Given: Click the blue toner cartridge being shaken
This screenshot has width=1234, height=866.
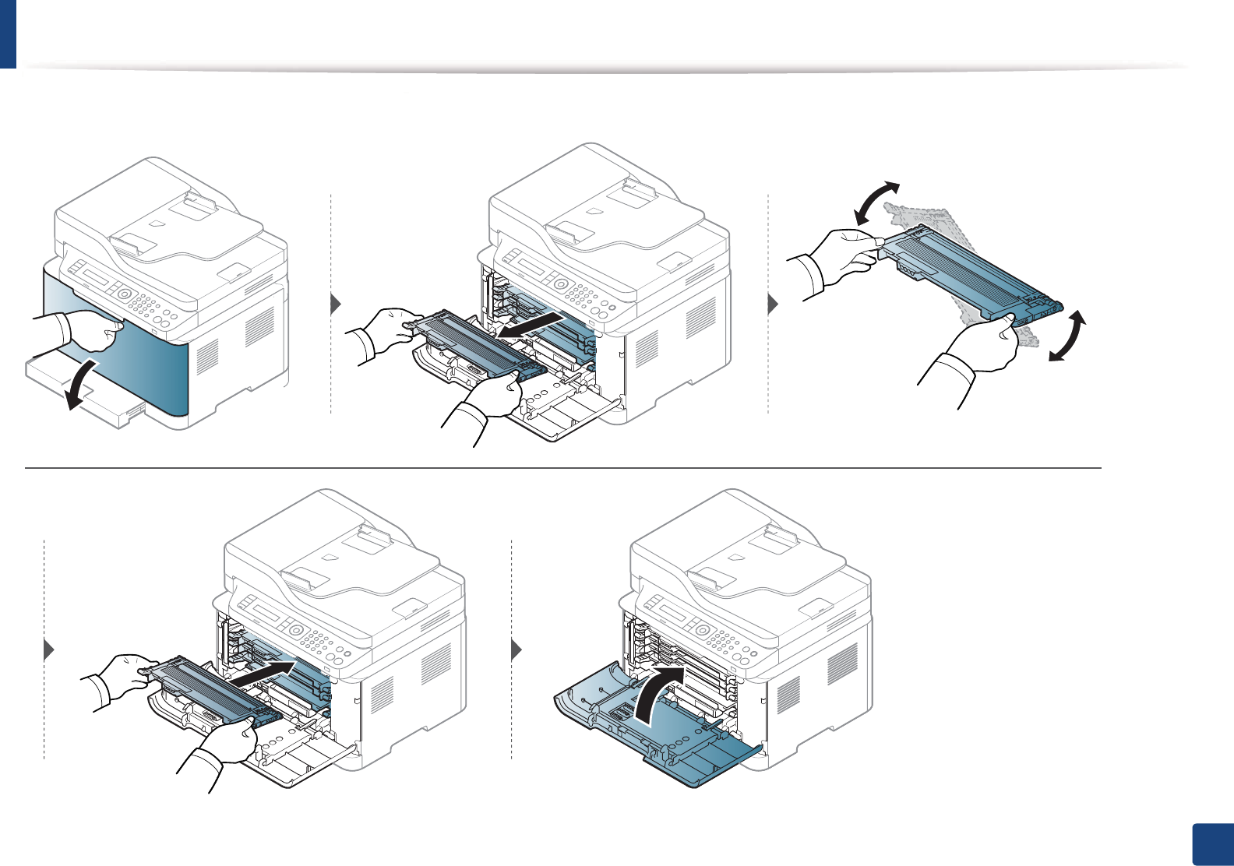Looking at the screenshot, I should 966,273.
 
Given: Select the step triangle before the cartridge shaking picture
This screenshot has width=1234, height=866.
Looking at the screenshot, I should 774,304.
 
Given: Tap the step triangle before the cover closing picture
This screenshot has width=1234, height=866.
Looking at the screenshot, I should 517,649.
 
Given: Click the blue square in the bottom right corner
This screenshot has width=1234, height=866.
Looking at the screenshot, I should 1213,845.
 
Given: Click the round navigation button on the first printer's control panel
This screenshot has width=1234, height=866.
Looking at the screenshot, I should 123,294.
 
